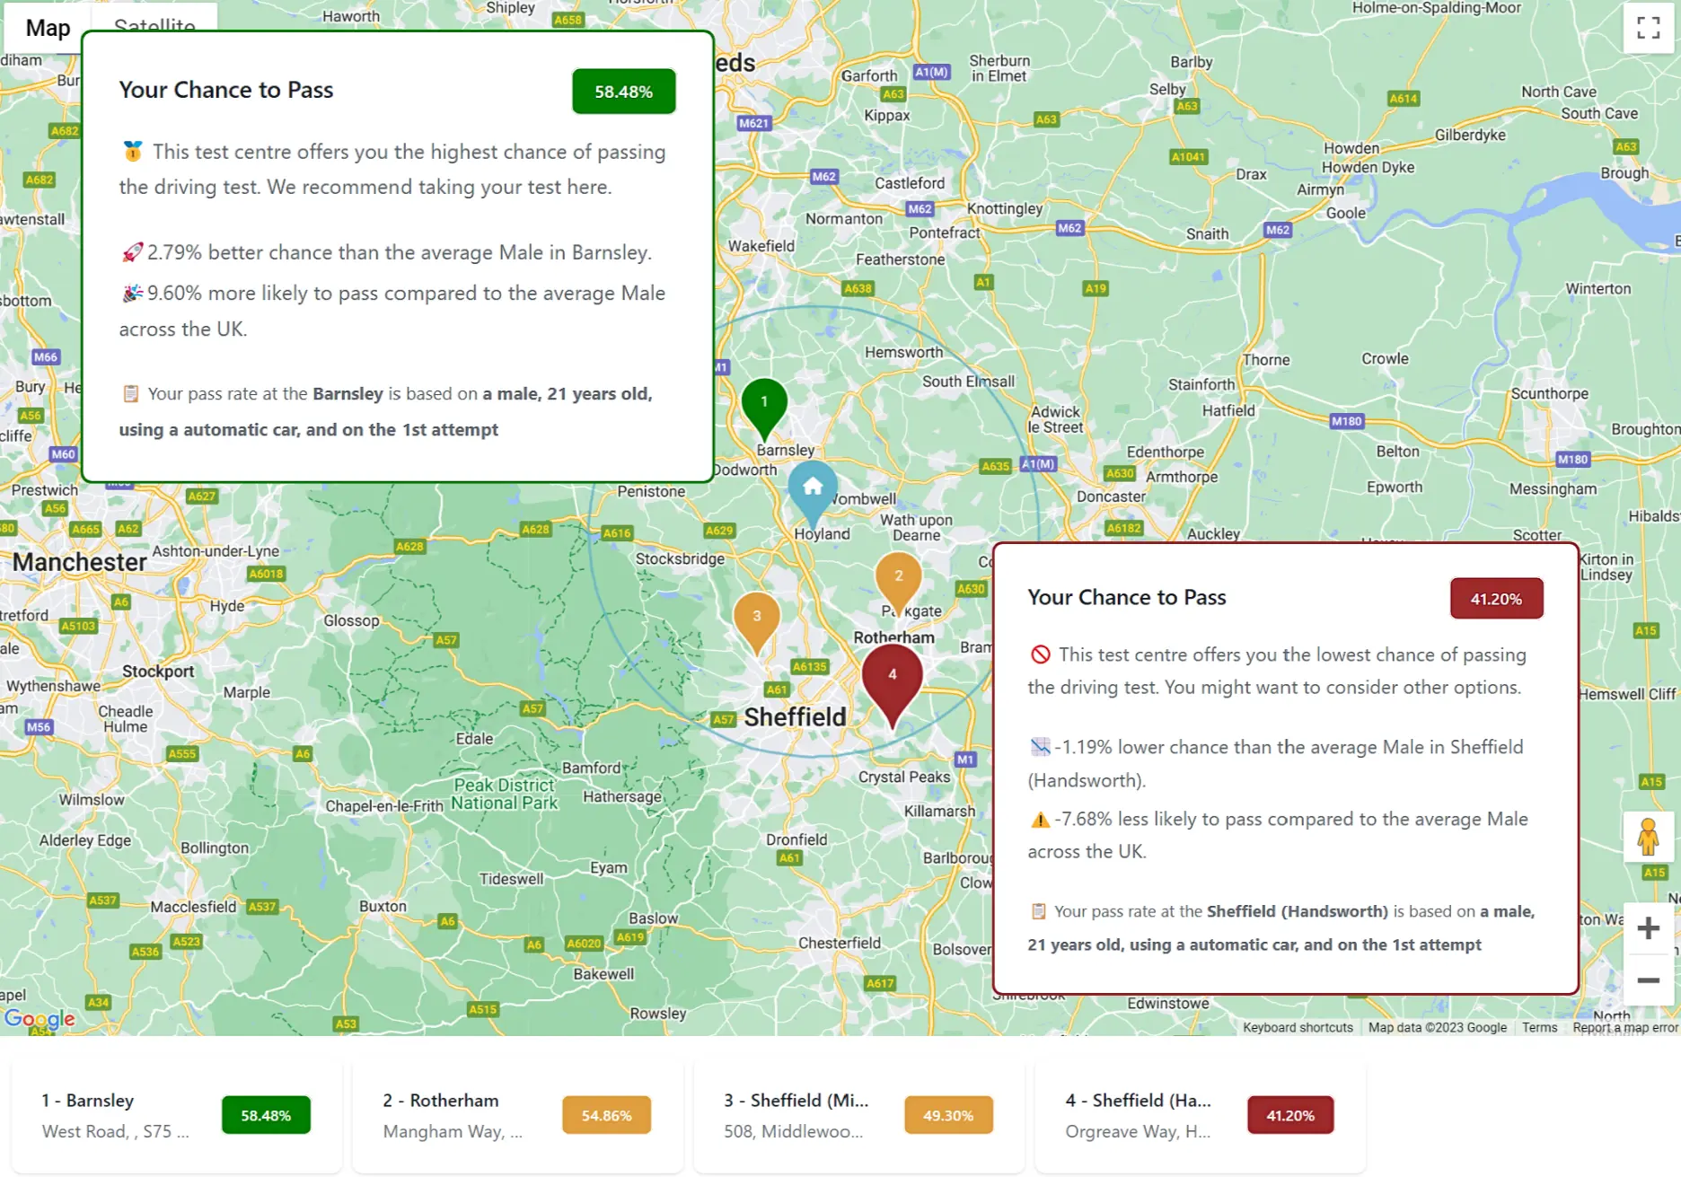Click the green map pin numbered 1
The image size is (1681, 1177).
pyautogui.click(x=764, y=403)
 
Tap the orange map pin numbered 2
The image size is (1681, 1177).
pyautogui.click(x=898, y=577)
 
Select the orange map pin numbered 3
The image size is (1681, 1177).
pyautogui.click(x=756, y=617)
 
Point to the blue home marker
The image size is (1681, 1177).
pyautogui.click(x=813, y=487)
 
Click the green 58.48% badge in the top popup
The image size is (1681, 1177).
pyautogui.click(x=623, y=92)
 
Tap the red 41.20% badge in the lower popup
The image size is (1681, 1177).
pyautogui.click(x=1496, y=599)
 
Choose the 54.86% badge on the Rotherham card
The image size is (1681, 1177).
pyautogui.click(x=606, y=1115)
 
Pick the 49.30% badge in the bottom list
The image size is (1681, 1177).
pyautogui.click(x=948, y=1115)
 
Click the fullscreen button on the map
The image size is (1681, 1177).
pyautogui.click(x=1648, y=28)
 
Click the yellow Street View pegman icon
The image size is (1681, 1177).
pyautogui.click(x=1648, y=837)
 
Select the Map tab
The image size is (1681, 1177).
pyautogui.click(x=48, y=28)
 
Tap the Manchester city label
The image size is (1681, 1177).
pyautogui.click(x=79, y=562)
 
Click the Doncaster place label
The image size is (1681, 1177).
pyautogui.click(x=1111, y=496)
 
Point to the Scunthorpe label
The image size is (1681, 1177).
pyautogui.click(x=1549, y=393)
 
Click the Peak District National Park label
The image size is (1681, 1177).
pyautogui.click(x=504, y=794)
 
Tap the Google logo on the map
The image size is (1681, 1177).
pyautogui.click(x=40, y=1018)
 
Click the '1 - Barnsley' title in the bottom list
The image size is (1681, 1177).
pyautogui.click(x=87, y=1100)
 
